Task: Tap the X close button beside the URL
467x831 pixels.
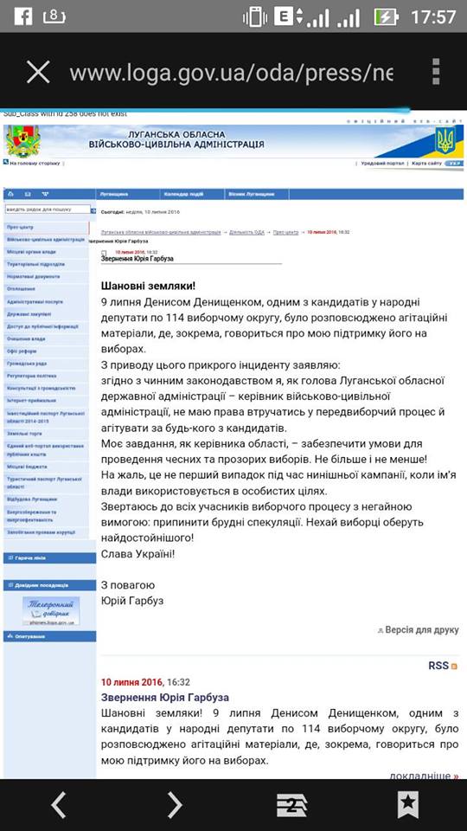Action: pos(38,71)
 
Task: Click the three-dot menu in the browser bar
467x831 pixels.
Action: pos(436,71)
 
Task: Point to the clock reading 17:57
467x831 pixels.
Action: pos(434,16)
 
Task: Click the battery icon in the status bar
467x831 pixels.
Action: pos(386,16)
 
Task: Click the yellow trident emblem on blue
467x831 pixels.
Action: pos(445,139)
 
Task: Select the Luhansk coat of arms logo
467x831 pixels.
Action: pos(22,141)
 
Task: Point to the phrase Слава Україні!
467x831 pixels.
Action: pos(138,552)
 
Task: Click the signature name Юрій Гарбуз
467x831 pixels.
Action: pos(131,600)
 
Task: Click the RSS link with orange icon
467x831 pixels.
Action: pos(442,666)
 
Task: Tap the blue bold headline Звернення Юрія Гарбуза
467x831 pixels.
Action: pos(165,697)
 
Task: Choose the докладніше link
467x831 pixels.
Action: pos(423,776)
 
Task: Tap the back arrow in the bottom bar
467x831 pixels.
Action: pos(58,805)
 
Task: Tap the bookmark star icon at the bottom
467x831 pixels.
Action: pos(408,805)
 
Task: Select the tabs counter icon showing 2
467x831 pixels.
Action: pos(291,805)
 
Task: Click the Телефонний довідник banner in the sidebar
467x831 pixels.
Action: pos(51,610)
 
